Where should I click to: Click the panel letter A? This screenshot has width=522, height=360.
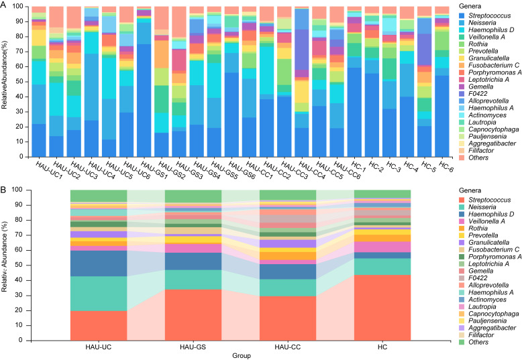tap(5, 5)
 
